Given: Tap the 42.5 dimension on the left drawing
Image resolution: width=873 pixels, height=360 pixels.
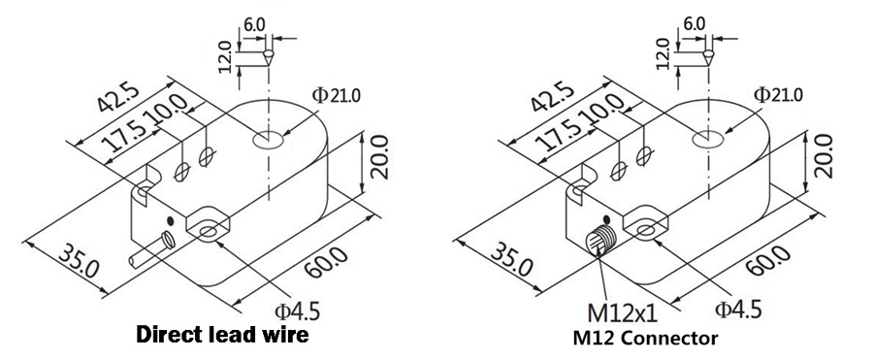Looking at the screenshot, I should [115, 100].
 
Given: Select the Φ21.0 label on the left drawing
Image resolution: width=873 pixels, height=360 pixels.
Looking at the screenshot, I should [336, 94].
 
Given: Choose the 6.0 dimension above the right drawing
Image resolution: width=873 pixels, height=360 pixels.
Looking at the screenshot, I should [695, 20].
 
